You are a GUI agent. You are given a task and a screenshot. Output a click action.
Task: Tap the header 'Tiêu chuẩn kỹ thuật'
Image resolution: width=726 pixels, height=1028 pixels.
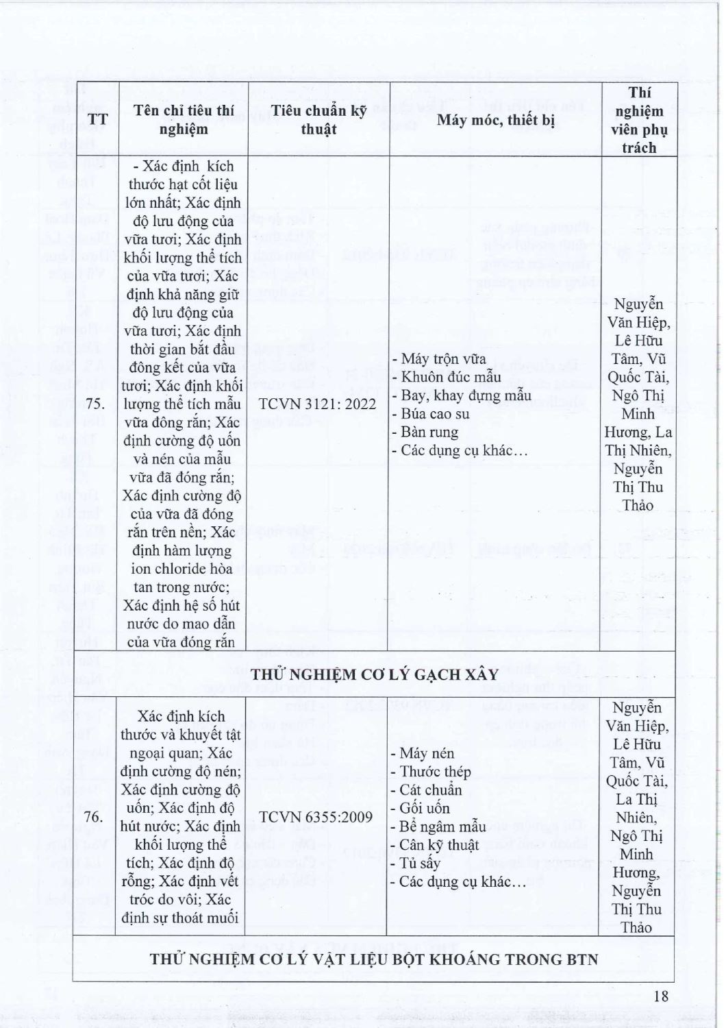coord(318,119)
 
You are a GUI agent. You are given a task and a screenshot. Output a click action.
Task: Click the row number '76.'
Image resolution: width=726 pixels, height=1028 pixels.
coord(94,817)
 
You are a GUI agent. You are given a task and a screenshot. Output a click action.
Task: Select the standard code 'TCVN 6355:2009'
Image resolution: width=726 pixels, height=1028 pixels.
coord(317,817)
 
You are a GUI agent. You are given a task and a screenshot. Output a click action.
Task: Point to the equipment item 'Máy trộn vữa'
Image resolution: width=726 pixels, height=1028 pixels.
coord(443,358)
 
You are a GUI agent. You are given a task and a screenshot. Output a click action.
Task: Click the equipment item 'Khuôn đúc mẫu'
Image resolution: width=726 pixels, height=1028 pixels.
coord(451,377)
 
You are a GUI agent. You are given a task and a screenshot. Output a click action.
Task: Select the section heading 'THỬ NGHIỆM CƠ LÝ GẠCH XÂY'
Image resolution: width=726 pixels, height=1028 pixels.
coord(374,674)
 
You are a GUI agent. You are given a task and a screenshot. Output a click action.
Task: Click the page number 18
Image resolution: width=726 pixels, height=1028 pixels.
coord(660,996)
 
